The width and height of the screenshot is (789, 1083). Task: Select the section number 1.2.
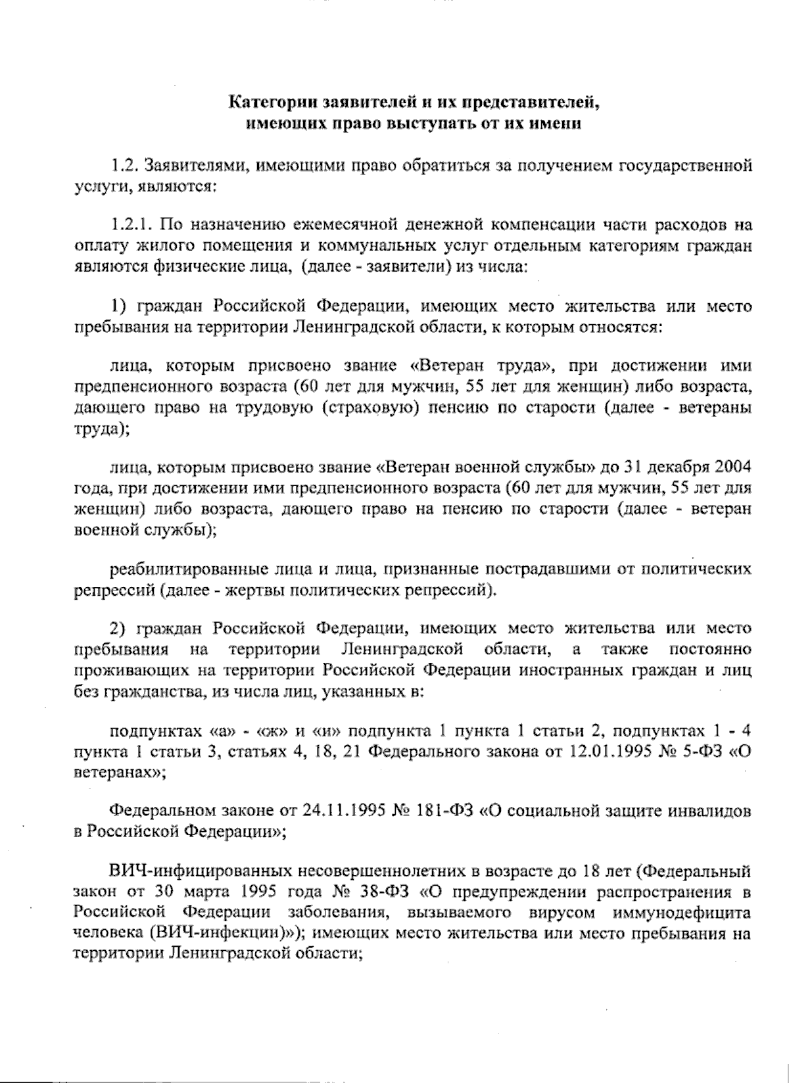point(124,165)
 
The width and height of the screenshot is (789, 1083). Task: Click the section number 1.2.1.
point(131,226)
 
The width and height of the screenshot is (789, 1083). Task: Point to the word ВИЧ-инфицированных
point(201,874)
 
